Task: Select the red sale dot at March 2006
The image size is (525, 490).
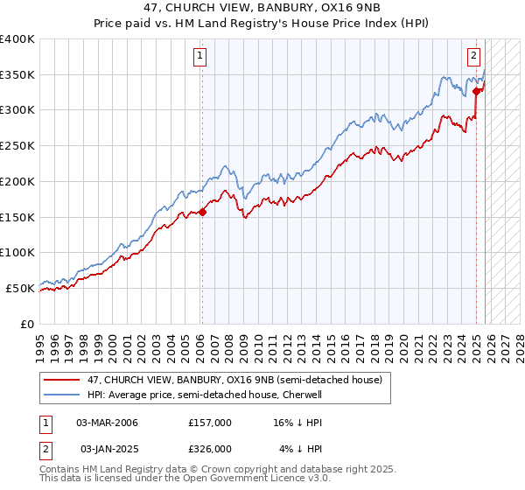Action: [x=202, y=211]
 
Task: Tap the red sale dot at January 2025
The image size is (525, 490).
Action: [x=476, y=90]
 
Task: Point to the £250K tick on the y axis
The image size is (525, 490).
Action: [x=17, y=145]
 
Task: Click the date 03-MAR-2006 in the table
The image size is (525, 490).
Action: [x=108, y=423]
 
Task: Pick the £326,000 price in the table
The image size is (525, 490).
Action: [x=210, y=449]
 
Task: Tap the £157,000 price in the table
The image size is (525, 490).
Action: [x=210, y=423]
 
